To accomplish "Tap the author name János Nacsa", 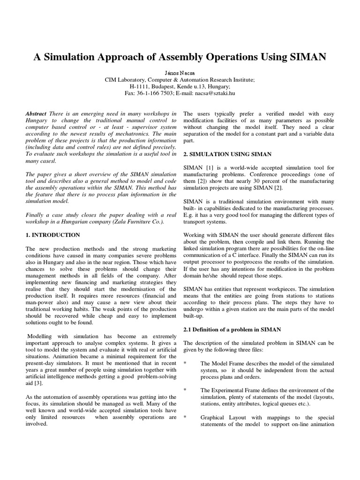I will click(180, 73).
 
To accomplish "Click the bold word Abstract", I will click(36, 114).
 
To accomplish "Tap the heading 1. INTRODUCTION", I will click(53, 235).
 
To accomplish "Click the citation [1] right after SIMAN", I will click(208, 168).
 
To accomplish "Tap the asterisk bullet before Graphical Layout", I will click(185, 417).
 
